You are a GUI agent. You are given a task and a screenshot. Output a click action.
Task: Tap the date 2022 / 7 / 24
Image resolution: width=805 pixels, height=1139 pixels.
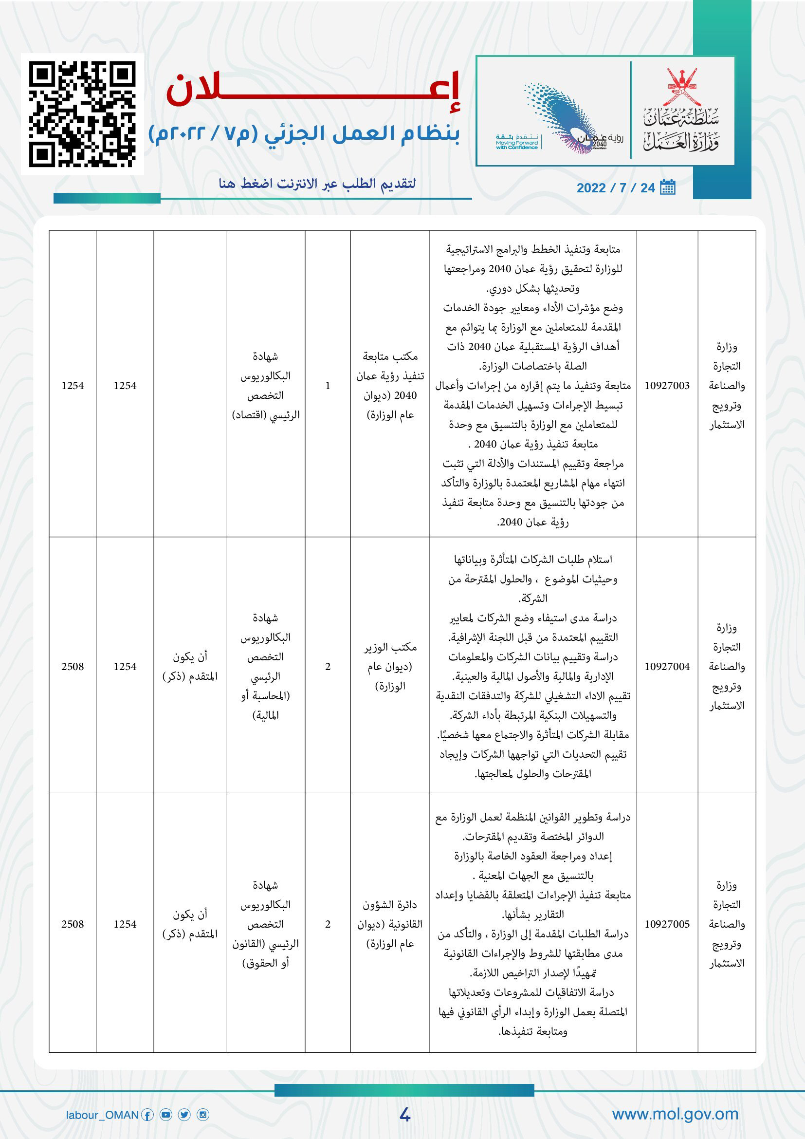[616, 188]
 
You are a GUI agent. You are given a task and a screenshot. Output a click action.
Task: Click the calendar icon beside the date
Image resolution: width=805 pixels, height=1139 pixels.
[668, 187]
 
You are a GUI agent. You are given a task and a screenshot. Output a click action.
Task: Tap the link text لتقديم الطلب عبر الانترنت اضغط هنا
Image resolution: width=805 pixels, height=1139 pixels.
[317, 184]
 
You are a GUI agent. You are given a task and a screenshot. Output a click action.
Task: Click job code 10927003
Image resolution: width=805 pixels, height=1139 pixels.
[667, 386]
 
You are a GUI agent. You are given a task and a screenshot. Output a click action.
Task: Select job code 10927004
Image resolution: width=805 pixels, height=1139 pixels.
[667, 667]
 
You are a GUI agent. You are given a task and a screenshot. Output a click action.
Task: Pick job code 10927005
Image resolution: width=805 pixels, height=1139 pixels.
[667, 924]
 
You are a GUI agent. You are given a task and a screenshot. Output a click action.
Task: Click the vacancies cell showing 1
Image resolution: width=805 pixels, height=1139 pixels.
[328, 386]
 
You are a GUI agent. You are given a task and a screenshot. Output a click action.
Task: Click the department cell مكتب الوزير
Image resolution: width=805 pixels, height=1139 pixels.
[390, 667]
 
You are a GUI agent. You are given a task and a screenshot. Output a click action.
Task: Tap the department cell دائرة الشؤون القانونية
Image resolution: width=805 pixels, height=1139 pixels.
[390, 924]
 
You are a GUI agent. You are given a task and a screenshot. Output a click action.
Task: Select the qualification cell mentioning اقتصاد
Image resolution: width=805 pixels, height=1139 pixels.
[266, 386]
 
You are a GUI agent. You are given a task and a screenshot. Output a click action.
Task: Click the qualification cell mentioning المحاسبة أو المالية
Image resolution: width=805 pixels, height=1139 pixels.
[266, 667]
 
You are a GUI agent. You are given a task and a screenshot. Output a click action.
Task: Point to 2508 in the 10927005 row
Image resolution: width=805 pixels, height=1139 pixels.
[73, 924]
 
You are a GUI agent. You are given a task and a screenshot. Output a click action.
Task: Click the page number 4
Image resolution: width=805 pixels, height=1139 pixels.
[404, 1115]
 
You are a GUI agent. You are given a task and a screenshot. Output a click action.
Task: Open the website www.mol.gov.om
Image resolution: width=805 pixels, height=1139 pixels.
[675, 1114]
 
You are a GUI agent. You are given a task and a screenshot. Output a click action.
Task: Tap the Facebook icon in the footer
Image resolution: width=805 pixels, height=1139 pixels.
[147, 1115]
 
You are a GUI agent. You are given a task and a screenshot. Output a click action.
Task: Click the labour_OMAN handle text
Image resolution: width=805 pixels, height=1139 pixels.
[102, 1115]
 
